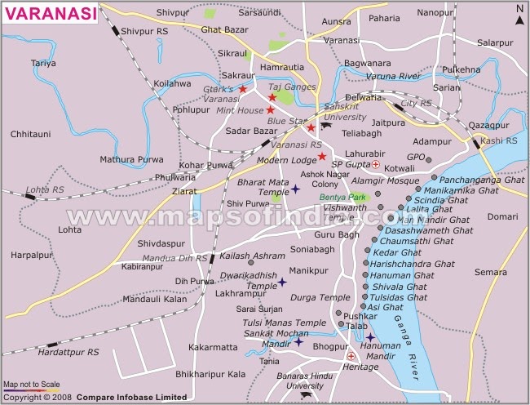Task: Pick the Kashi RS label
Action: click(x=499, y=141)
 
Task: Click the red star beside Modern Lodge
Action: click(x=322, y=156)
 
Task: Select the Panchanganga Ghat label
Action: click(x=480, y=178)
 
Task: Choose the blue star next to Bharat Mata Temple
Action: click(x=295, y=189)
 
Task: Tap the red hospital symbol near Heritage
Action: click(x=351, y=357)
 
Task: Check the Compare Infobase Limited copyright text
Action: click(x=122, y=397)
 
